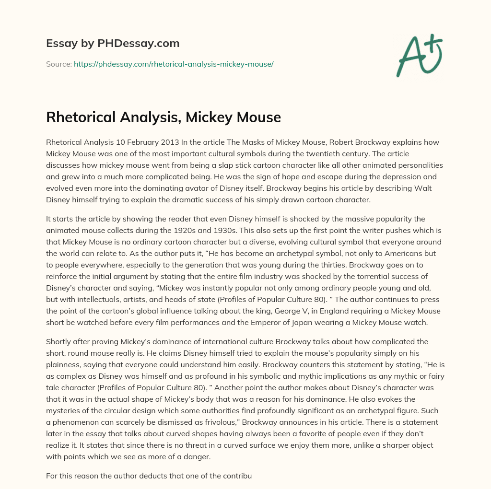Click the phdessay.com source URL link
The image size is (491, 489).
(174, 64)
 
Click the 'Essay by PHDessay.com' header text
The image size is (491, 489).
(113, 44)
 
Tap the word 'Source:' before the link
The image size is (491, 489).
(59, 64)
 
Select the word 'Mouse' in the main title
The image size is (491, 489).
(259, 116)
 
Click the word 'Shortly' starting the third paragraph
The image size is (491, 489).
(58, 341)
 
